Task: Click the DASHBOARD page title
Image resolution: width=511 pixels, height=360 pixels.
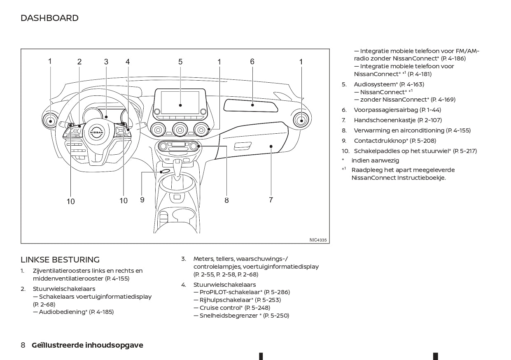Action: tap(49, 18)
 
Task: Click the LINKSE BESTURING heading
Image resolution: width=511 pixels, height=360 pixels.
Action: tap(60, 260)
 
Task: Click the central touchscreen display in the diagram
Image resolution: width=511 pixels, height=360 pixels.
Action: tap(180, 103)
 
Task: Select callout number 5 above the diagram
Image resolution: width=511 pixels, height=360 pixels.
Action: tap(180, 62)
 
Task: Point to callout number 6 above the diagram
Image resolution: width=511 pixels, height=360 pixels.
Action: tap(252, 62)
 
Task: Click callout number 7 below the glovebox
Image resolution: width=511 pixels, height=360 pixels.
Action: tap(271, 200)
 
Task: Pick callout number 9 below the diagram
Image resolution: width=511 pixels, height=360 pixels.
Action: tap(142, 200)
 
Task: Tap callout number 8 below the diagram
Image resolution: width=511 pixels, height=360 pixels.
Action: tap(226, 200)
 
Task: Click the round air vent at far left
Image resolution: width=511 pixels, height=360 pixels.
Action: tap(51, 121)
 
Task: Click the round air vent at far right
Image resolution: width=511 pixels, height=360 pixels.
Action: tap(301, 120)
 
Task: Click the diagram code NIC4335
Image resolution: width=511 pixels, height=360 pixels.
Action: tap(318, 240)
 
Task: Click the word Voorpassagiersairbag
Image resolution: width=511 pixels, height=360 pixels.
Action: tap(386, 110)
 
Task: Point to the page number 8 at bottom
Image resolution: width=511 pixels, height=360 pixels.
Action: tap(23, 345)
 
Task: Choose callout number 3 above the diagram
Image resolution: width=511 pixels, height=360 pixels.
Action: tap(106, 62)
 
